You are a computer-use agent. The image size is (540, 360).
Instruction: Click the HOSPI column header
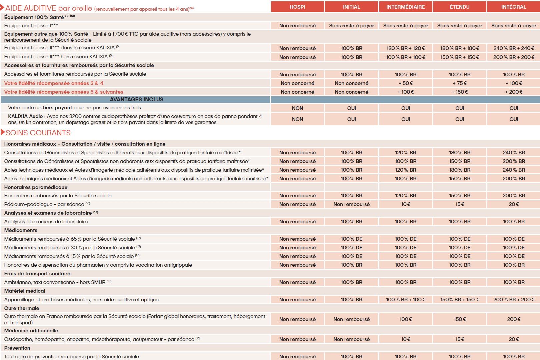click(x=297, y=7)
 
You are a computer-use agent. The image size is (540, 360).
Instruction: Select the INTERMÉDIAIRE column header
click(x=405, y=7)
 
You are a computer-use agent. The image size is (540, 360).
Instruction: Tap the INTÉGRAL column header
click(x=513, y=7)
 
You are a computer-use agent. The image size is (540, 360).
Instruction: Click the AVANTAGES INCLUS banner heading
click(x=136, y=99)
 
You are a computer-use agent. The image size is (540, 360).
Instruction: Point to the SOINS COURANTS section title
click(x=38, y=133)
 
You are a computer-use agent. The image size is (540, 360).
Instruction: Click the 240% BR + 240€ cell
click(x=513, y=48)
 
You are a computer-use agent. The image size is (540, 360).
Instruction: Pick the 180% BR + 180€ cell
click(x=459, y=48)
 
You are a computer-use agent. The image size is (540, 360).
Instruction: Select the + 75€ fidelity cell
click(x=459, y=83)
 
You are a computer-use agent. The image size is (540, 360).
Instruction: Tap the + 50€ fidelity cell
click(x=405, y=83)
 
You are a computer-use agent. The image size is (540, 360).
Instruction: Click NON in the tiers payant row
click(x=297, y=108)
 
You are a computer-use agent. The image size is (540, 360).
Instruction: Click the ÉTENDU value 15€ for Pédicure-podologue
click(x=459, y=204)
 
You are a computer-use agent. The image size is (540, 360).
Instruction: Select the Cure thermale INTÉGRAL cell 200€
click(x=513, y=319)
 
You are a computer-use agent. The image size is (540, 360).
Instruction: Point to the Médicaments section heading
click(x=21, y=230)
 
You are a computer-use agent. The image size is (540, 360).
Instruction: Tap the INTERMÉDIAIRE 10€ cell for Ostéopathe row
click(x=405, y=339)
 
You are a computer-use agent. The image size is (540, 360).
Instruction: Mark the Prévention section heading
click(x=17, y=348)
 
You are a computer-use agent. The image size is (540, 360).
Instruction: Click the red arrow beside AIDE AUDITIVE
click(x=2, y=7)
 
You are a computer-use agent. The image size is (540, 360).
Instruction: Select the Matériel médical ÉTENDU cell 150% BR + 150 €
click(x=459, y=299)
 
